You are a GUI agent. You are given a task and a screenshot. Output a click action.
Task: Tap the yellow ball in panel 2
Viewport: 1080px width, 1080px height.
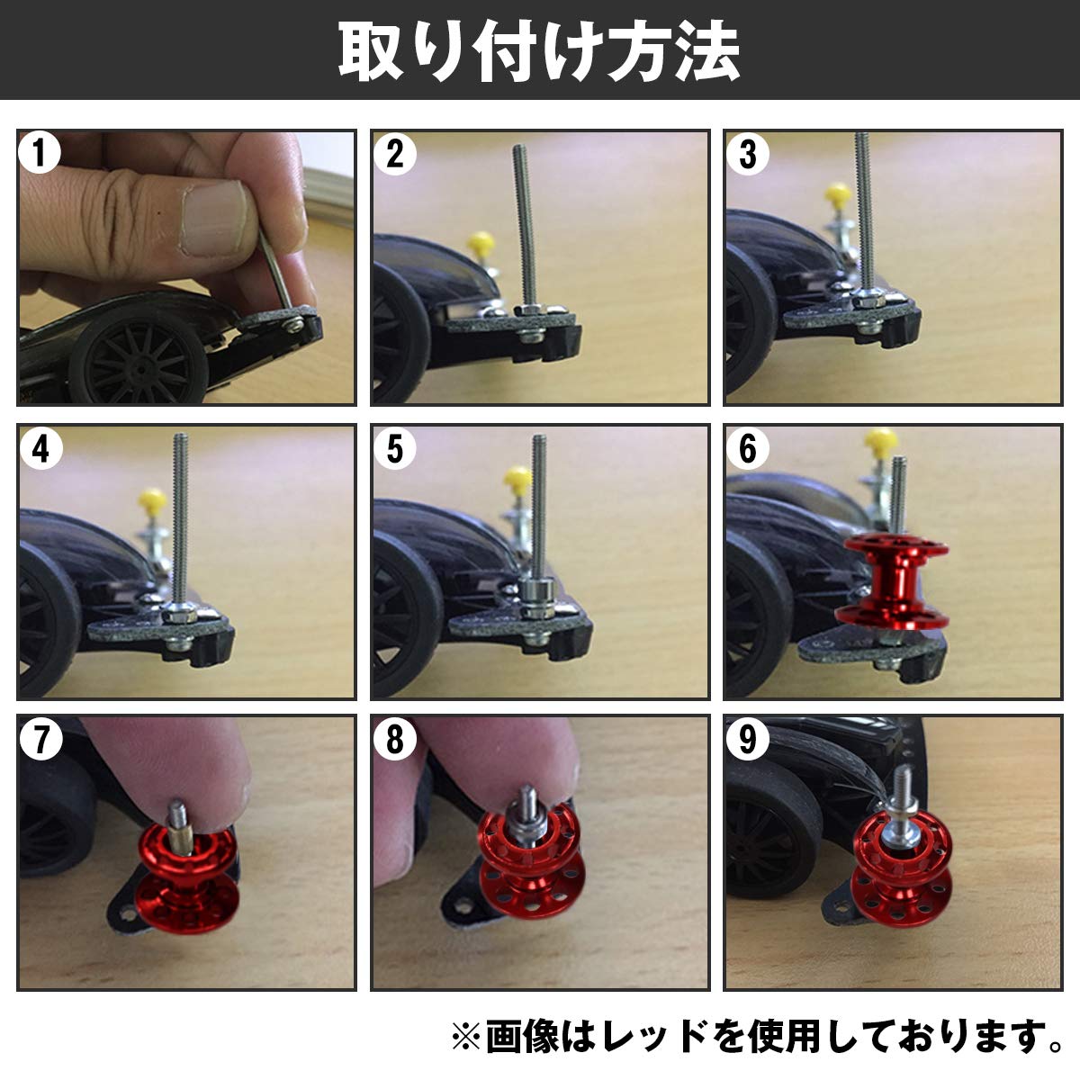(x=480, y=243)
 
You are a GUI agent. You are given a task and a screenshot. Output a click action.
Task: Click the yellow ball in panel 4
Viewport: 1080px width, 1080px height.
(x=151, y=499)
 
